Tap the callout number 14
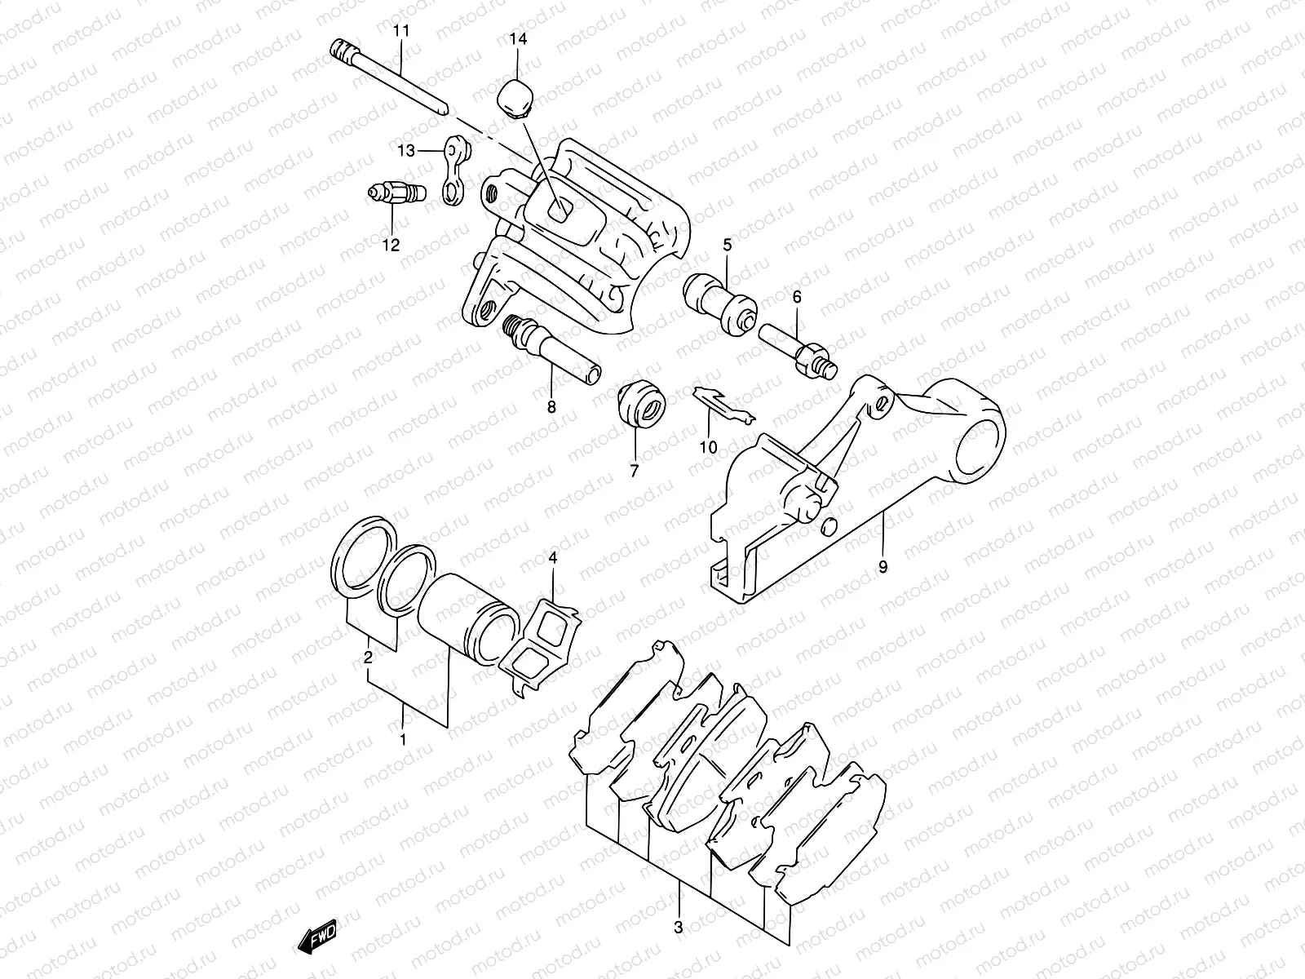[519, 39]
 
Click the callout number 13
[406, 150]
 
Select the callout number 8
[551, 406]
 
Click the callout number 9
[883, 565]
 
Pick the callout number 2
[369, 655]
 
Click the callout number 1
[403, 741]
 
